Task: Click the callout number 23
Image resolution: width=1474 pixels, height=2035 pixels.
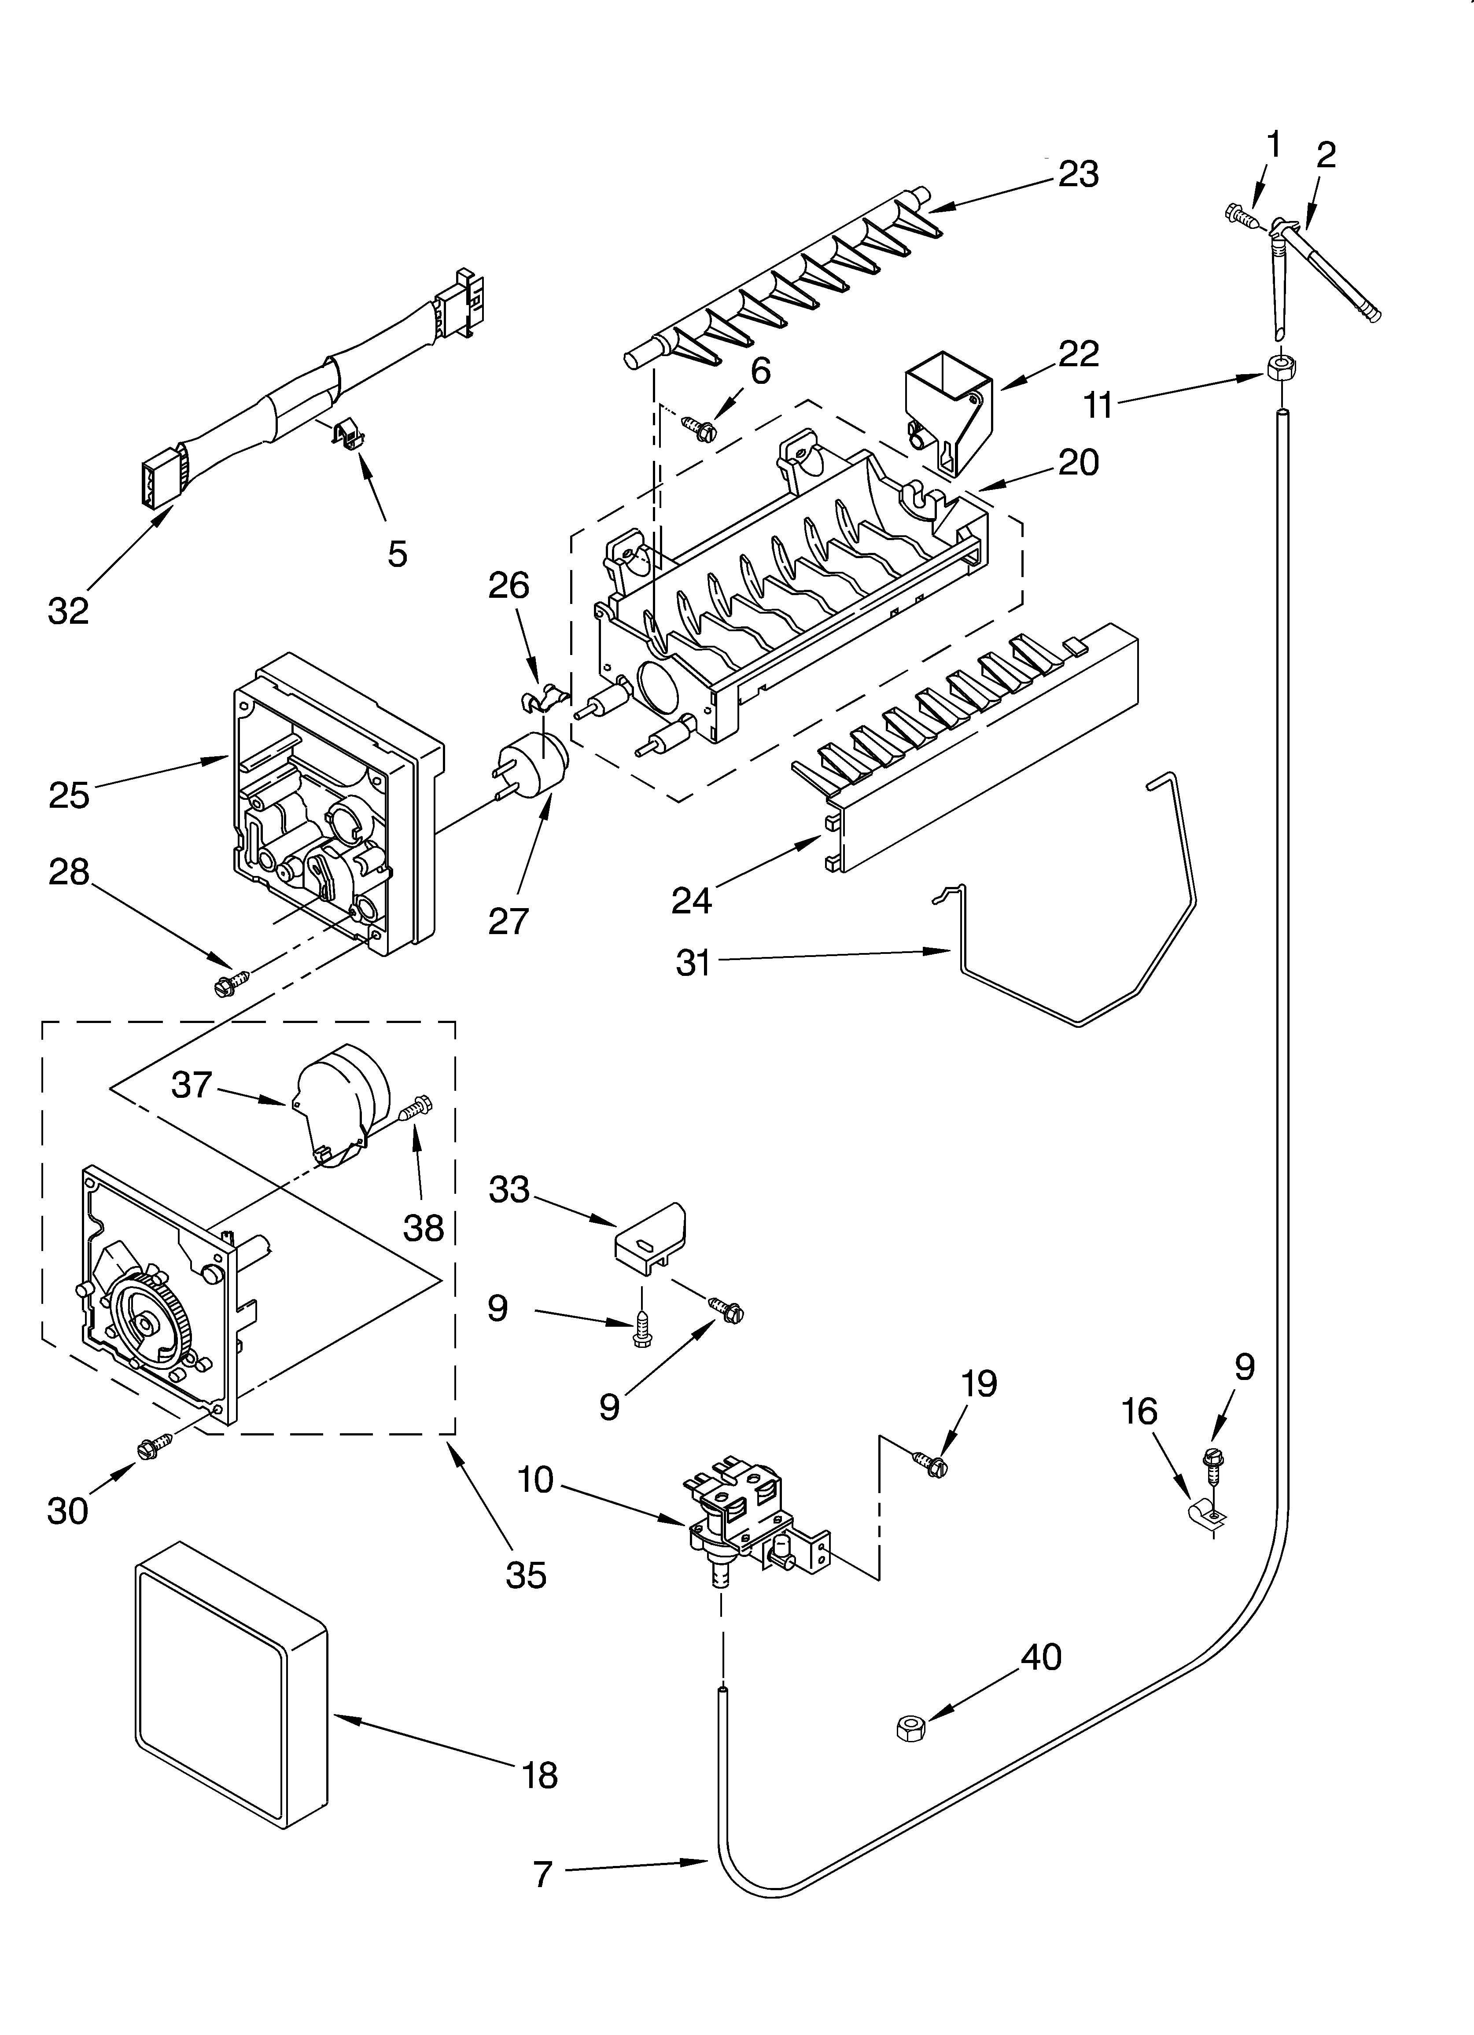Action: pyautogui.click(x=1078, y=174)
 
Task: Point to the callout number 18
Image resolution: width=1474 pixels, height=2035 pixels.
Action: pyautogui.click(x=539, y=1775)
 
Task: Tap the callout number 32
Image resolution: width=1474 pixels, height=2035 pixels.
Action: pyautogui.click(x=68, y=611)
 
